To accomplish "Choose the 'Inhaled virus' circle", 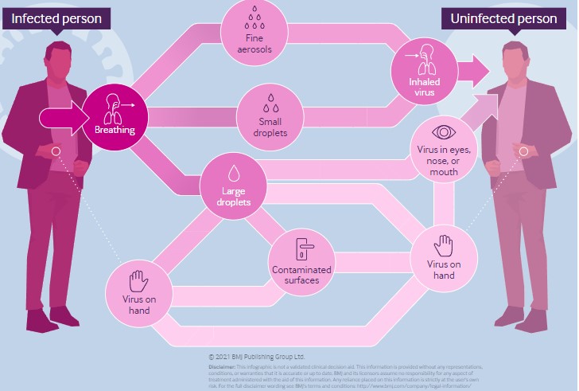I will [422, 71].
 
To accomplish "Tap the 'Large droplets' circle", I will [235, 187].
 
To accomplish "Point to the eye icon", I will [442, 132].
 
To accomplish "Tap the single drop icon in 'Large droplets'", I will [235, 173].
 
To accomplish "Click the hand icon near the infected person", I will [138, 279].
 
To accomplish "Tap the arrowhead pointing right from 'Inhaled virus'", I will [477, 71].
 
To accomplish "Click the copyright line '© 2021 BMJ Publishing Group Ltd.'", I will [256, 357].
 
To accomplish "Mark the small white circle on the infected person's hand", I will [56, 151].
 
